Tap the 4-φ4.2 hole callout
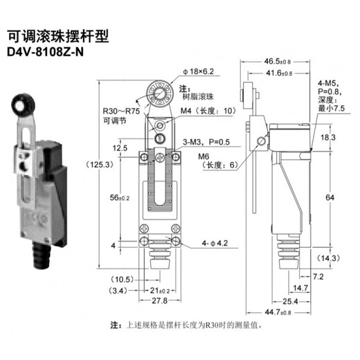tap(207, 244)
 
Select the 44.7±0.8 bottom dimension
tap(278, 312)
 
